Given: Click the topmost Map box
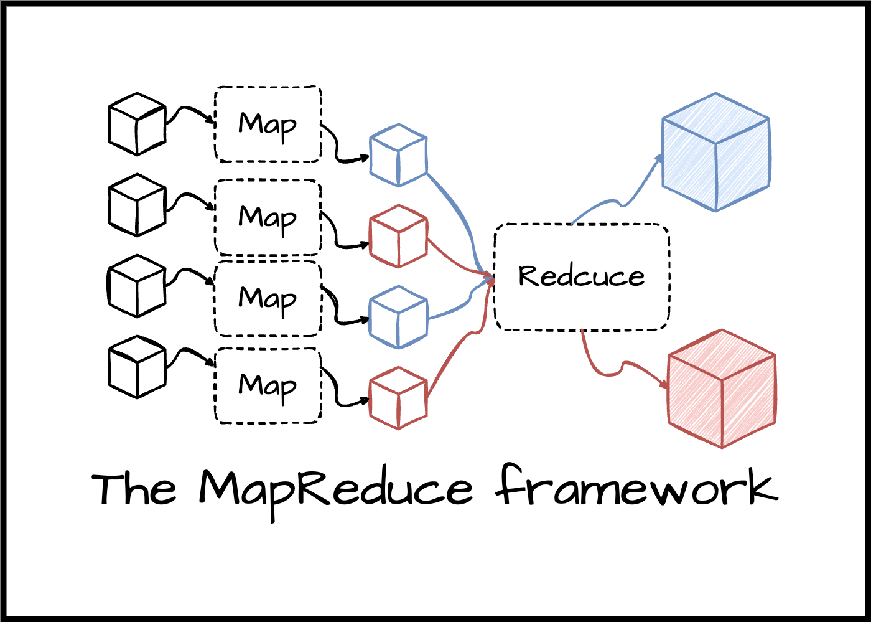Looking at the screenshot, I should pyautogui.click(x=268, y=125).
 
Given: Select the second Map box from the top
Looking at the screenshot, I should pyautogui.click(x=268, y=218).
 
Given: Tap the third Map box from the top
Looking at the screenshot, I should pyautogui.click(x=268, y=299).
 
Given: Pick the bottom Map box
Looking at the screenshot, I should pyautogui.click(x=268, y=386).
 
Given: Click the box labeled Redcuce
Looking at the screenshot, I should pyautogui.click(x=582, y=277).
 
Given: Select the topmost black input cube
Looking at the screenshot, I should pyautogui.click(x=137, y=124).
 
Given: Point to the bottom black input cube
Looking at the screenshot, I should pyautogui.click(x=137, y=367).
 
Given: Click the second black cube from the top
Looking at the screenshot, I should pyautogui.click(x=137, y=205).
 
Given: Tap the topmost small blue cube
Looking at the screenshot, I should pyautogui.click(x=398, y=155).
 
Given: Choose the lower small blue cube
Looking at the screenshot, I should pyautogui.click(x=398, y=317).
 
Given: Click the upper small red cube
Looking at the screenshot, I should pyautogui.click(x=398, y=236).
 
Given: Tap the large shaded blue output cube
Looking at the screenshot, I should pyautogui.click(x=716, y=153).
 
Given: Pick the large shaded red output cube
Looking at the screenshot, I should pyautogui.click(x=722, y=389).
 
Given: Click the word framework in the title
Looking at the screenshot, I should pyautogui.click(x=638, y=489).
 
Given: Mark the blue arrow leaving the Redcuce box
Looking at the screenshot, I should pyautogui.click(x=622, y=199).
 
